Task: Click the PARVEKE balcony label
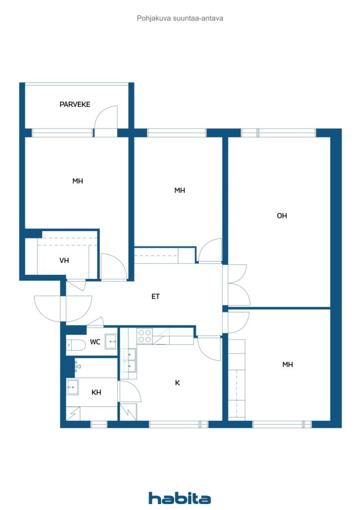(75, 105)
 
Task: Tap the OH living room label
(282, 216)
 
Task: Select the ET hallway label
(156, 296)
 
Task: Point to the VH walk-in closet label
(64, 260)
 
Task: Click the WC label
(95, 342)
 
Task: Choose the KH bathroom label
(96, 392)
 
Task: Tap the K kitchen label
(178, 383)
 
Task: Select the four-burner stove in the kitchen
(145, 336)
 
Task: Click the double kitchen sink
(130, 361)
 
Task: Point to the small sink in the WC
(111, 342)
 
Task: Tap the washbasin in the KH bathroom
(72, 386)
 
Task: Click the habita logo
(180, 498)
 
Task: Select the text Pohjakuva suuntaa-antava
(180, 18)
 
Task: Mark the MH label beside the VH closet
(77, 181)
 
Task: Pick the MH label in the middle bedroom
(180, 190)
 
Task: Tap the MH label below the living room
(288, 365)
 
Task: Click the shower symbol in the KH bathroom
(73, 413)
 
